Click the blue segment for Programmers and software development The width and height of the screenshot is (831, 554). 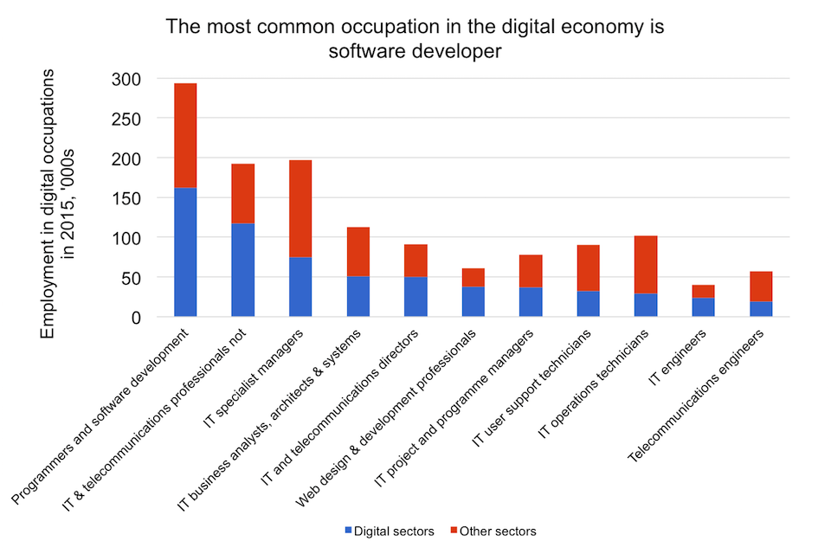pos(185,252)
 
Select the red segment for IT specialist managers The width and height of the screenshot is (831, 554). pos(300,209)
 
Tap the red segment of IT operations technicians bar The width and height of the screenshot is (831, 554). pos(646,264)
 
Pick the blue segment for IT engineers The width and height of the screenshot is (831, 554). pos(703,307)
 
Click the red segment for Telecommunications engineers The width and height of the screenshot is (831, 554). pos(761,287)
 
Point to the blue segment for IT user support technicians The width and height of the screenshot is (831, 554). pos(589,304)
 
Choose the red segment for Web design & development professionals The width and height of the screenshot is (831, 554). pos(473,277)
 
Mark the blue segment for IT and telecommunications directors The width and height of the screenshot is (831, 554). pos(415,297)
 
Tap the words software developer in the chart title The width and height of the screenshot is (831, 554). pos(415,51)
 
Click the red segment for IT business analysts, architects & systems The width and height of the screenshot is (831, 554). pos(358,252)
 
